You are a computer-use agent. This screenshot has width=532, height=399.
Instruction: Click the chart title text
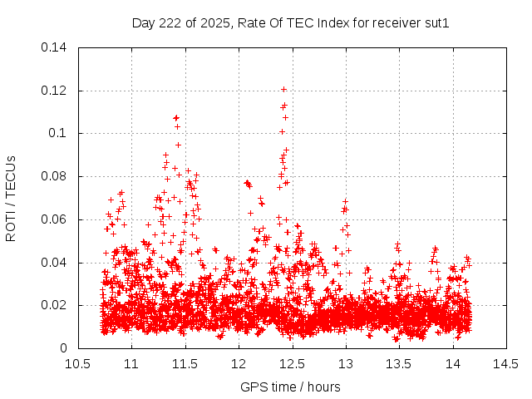(290, 23)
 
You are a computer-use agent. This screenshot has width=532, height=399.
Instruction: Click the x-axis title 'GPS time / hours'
(290, 387)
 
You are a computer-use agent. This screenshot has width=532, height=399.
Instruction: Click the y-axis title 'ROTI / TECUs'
(11, 198)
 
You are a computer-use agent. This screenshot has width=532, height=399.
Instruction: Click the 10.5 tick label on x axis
(78, 364)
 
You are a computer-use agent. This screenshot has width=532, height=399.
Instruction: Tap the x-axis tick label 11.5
(185, 364)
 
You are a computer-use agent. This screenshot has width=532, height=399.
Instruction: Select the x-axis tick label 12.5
(293, 364)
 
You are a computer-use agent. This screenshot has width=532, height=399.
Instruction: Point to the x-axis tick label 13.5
(400, 364)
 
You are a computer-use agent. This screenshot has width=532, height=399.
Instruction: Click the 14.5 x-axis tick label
(507, 364)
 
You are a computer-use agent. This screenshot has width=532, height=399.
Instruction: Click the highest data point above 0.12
(283, 89)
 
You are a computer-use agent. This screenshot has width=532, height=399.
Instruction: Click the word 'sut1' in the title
(437, 23)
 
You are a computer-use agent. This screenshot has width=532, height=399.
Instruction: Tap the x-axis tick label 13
(346, 364)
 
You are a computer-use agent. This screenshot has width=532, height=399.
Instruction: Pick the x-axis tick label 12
(239, 364)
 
